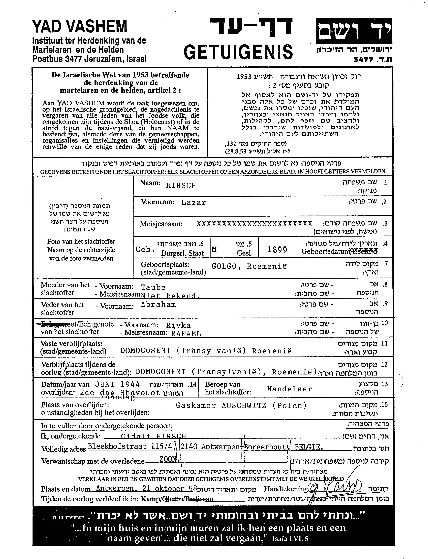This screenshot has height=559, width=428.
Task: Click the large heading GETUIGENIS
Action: tap(238, 52)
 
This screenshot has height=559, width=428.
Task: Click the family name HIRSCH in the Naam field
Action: tap(181, 186)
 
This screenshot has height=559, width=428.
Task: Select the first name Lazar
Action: tap(193, 203)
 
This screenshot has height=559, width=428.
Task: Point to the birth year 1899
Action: tap(277, 250)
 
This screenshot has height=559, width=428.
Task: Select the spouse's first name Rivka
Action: tap(178, 326)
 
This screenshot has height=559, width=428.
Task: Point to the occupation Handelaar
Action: tap(289, 389)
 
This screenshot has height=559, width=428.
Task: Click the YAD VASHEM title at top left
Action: tap(79, 26)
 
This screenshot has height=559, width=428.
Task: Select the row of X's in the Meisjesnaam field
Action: tap(254, 224)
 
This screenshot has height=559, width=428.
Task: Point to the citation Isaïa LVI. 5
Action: tap(290, 539)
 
